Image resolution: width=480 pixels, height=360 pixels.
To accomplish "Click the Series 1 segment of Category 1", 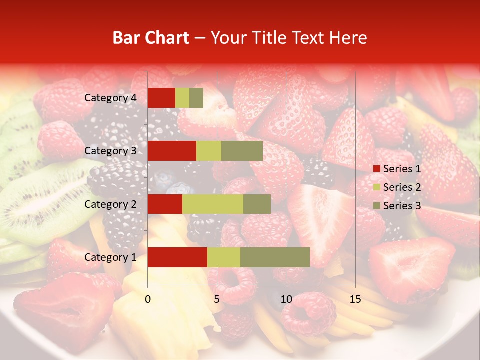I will (177, 257).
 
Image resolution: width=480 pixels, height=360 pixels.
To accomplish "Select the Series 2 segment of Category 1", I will (224, 257).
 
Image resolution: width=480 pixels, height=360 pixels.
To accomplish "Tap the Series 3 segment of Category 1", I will (275, 257).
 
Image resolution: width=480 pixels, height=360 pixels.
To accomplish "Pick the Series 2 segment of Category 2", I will (213, 204).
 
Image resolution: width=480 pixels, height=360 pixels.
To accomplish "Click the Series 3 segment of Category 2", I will (257, 204).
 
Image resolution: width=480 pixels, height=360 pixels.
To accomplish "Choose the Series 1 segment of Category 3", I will (172, 151).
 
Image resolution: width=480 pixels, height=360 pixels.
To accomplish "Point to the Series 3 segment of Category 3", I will (242, 151).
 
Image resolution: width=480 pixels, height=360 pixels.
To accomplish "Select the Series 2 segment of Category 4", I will (182, 98).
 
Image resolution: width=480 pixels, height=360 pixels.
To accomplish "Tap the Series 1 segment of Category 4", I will (161, 98).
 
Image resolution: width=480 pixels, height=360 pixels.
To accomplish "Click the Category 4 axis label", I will (110, 98).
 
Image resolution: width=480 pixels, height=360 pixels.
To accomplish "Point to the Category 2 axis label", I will (110, 204).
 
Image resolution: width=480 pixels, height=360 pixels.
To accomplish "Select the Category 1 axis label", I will (110, 257).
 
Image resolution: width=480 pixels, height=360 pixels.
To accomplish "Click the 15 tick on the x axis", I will (355, 299).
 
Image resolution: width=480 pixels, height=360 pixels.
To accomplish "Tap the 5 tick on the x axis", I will (217, 299).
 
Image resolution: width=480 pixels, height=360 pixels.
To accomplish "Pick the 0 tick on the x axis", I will (148, 299).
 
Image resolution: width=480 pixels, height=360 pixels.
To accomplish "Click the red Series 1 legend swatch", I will (376, 169).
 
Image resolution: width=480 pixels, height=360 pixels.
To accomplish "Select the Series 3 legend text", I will (402, 206).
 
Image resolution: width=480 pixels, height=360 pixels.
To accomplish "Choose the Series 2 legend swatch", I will (376, 188).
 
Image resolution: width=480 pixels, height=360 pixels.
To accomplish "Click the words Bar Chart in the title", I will (151, 38).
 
